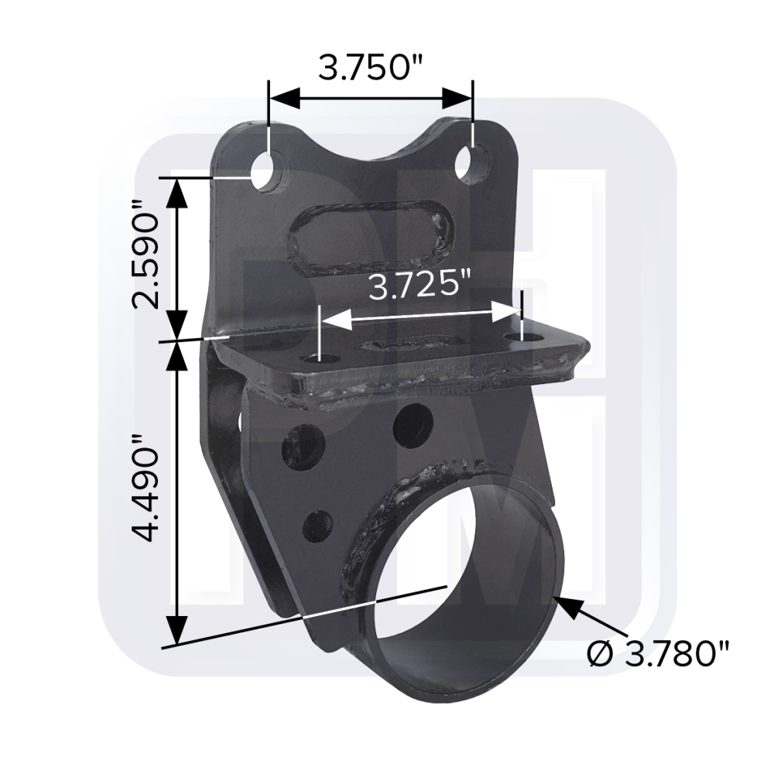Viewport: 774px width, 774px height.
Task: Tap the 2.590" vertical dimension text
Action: click(x=146, y=254)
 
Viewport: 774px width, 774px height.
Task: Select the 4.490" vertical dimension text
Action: click(x=146, y=488)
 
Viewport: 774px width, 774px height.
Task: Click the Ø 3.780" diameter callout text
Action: click(x=658, y=654)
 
